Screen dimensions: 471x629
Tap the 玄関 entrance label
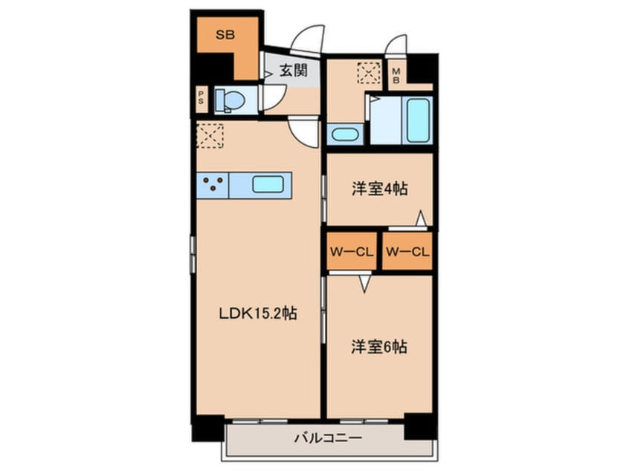pos(294,71)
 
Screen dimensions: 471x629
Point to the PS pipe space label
pos(201,99)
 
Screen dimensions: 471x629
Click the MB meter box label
pos(396,74)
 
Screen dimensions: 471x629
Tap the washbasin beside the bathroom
pos(343,135)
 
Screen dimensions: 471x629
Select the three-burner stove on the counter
pos(213,184)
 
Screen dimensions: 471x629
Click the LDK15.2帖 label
pos(259,314)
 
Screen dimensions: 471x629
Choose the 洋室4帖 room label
pos(379,189)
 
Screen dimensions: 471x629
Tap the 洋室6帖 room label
pos(379,347)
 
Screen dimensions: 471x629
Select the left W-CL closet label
pos(351,251)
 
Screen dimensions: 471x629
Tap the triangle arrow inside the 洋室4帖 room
pos(421,218)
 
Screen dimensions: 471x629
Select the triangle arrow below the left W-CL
pos(364,282)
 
